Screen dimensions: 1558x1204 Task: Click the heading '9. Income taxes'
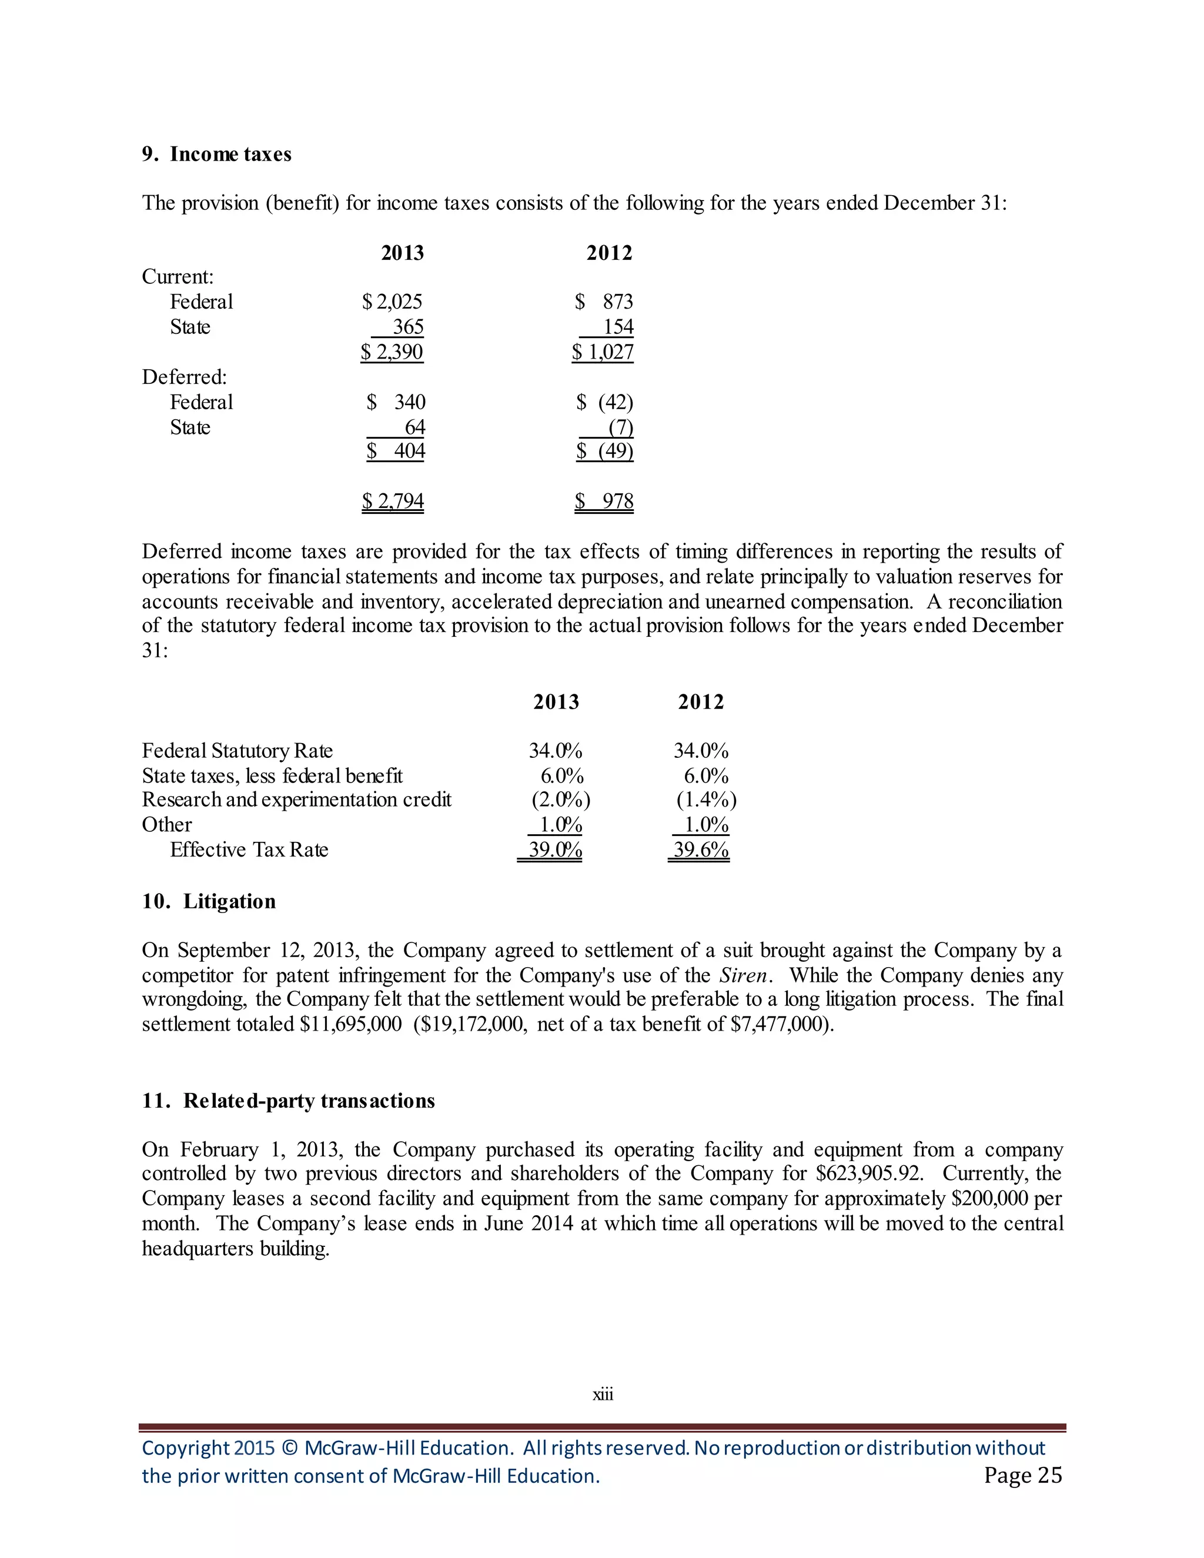216,154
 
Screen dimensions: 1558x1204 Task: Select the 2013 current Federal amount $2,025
392,302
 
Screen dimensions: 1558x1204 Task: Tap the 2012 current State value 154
618,327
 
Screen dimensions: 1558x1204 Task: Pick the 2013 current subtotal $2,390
392,352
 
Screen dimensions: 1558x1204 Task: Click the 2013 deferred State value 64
414,427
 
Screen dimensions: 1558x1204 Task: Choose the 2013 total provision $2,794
393,501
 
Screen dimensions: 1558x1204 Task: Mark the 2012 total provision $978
605,501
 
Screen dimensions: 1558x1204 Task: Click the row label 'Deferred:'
184,377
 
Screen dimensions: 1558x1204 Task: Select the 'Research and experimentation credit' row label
296,800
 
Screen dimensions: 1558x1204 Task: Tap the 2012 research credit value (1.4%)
706,800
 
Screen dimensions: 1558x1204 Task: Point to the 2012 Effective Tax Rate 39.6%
700,850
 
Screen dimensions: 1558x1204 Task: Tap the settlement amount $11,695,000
350,1024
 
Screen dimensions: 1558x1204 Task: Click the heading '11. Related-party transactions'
288,1101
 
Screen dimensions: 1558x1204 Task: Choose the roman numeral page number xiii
603,1394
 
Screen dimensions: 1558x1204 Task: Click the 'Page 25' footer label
1023,1475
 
